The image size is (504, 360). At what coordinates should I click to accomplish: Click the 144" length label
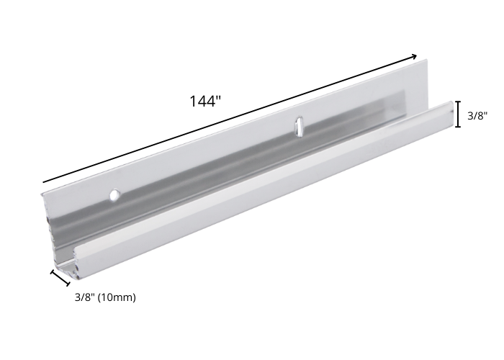pyautogui.click(x=205, y=101)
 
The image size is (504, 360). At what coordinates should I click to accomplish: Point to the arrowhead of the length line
pyautogui.click(x=414, y=57)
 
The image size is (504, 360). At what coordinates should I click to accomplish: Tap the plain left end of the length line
pyautogui.click(x=44, y=182)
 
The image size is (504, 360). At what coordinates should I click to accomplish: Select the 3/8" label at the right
pyautogui.click(x=477, y=115)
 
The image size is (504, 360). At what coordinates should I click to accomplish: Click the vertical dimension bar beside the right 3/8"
pyautogui.click(x=458, y=114)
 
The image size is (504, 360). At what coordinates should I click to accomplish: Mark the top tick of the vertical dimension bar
pyautogui.click(x=458, y=102)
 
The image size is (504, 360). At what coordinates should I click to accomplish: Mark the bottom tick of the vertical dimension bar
pyautogui.click(x=458, y=127)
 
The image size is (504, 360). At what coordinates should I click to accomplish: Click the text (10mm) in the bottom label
pyautogui.click(x=117, y=297)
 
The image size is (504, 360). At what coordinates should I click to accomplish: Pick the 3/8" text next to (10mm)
pyautogui.click(x=85, y=297)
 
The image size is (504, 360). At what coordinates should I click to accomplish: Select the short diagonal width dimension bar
pyautogui.click(x=60, y=278)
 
